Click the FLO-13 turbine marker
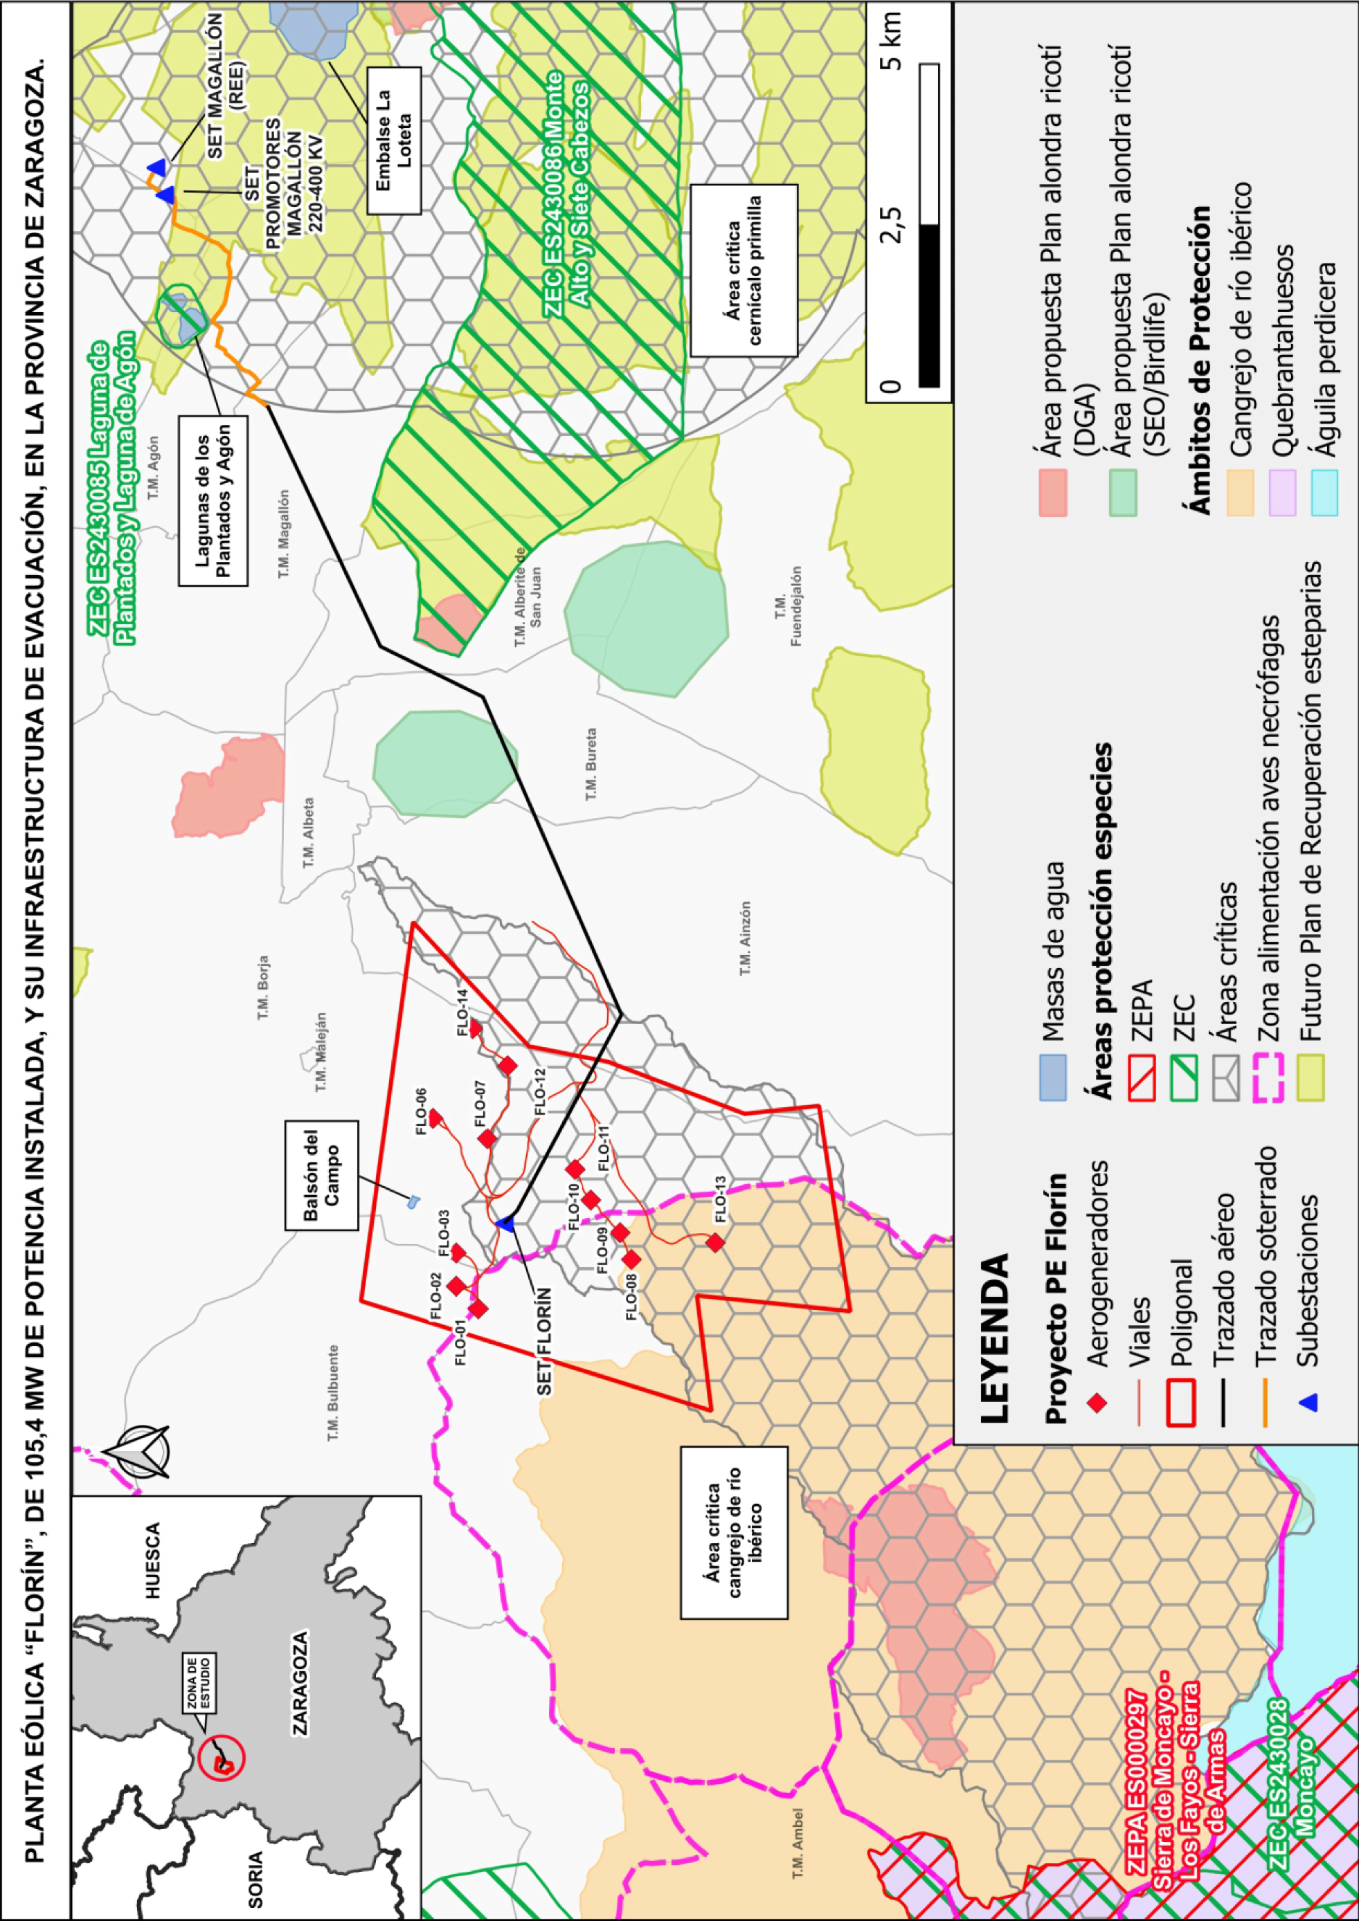pyautogui.click(x=714, y=1242)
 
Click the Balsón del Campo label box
pyautogui.click(x=321, y=1176)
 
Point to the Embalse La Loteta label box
pyautogui.click(x=393, y=140)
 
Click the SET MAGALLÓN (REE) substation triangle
pyautogui.click(x=156, y=167)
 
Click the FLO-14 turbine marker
pyautogui.click(x=474, y=1028)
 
